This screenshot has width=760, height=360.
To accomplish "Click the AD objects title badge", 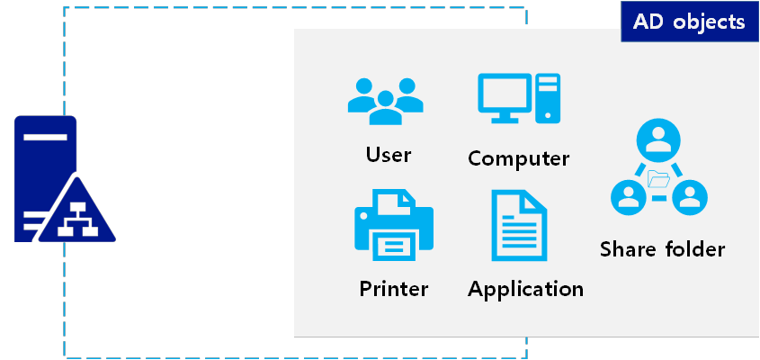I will pyautogui.click(x=689, y=22).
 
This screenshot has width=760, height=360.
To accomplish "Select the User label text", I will pyautogui.click(x=389, y=154).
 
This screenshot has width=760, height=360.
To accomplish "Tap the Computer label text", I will pyautogui.click(x=518, y=158).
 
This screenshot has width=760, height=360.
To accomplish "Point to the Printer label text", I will pyautogui.click(x=393, y=289).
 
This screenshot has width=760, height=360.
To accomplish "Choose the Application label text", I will pyautogui.click(x=525, y=289).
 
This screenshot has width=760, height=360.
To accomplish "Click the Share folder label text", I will pyautogui.click(x=662, y=249).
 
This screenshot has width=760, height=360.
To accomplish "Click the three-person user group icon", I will pyautogui.click(x=385, y=101).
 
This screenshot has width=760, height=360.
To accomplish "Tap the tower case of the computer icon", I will pyautogui.click(x=547, y=98).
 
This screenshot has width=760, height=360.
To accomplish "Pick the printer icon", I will pyautogui.click(x=393, y=225).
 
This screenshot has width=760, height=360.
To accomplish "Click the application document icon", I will pyautogui.click(x=518, y=225).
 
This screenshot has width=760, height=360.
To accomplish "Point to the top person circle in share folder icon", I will pyautogui.click(x=658, y=142).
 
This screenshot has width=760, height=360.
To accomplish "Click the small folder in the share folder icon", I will pyautogui.click(x=658, y=176).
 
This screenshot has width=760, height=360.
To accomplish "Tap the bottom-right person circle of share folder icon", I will pyautogui.click(x=689, y=196).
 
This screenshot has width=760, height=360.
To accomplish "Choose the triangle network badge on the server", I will pyautogui.click(x=80, y=213).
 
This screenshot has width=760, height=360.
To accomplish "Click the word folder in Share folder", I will pyautogui.click(x=694, y=249).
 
